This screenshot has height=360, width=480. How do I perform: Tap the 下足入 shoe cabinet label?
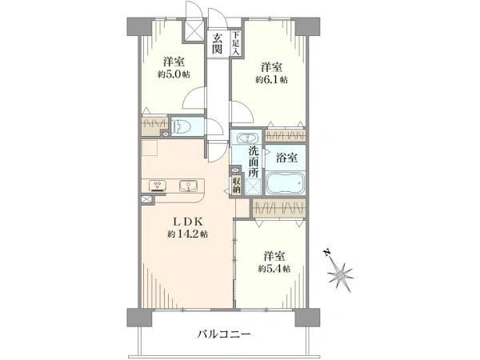point(236,42)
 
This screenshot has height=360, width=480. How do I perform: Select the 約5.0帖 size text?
point(173,74)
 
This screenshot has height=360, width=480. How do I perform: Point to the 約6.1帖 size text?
point(272,79)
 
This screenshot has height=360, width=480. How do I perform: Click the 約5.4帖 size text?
point(273,269)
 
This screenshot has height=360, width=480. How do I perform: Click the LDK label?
point(188,221)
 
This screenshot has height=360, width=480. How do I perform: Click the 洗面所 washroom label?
point(253,162)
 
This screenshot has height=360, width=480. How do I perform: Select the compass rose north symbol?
point(342,274)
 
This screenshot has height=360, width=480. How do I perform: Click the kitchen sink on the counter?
point(190,186)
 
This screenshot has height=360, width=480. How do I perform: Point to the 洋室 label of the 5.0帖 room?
point(173,62)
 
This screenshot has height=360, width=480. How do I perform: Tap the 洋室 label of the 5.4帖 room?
point(273,256)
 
